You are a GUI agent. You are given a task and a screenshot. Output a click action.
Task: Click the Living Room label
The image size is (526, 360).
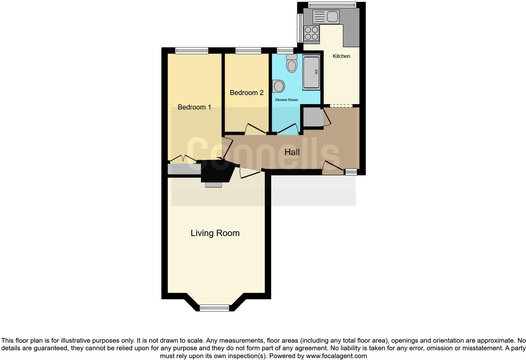[215, 233]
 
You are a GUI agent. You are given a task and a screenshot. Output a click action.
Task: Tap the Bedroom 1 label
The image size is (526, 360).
[194, 107]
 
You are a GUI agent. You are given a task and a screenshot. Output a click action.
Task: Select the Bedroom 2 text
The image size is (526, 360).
[246, 93]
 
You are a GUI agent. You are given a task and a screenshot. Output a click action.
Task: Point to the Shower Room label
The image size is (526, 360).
[286, 100]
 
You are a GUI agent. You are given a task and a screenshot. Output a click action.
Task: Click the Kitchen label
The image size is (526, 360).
[341, 56]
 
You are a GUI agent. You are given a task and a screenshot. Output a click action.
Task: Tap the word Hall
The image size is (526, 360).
[292, 152]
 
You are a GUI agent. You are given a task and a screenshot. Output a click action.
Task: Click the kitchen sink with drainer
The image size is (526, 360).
[326, 16]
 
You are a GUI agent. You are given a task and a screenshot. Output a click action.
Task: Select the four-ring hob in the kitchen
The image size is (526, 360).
[311, 33]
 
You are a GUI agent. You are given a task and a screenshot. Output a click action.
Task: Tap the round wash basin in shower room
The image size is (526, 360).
[278, 86]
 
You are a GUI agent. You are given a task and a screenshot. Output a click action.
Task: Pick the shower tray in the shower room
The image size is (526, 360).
[311, 72]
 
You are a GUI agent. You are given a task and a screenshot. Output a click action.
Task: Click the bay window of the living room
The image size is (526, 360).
[215, 308]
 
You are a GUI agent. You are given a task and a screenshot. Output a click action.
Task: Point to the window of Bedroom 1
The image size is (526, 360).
[192, 51]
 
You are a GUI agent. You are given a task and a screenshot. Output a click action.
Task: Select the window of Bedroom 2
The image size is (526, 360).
[248, 51]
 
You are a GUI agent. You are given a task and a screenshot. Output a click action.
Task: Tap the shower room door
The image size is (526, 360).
[288, 129]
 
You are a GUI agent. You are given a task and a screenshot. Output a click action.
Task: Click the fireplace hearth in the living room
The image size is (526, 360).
[213, 185]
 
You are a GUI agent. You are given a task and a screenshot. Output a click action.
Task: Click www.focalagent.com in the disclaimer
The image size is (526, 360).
[336, 356]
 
